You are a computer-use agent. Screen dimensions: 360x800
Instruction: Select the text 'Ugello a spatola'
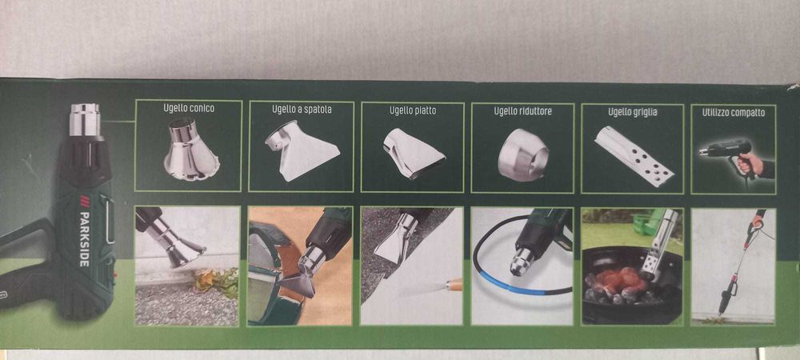pyautogui.click(x=301, y=110)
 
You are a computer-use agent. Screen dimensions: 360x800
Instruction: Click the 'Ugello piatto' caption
pyautogui.click(x=413, y=110)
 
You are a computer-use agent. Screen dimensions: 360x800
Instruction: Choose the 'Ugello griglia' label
pyautogui.click(x=632, y=112)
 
